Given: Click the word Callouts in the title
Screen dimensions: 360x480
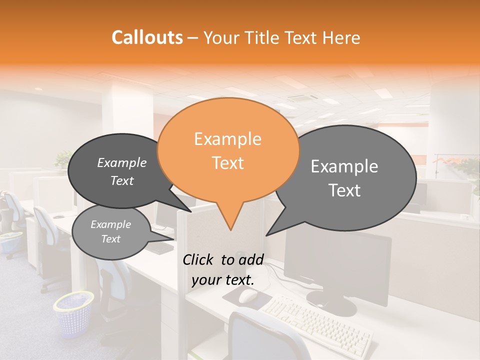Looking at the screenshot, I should pos(147,37).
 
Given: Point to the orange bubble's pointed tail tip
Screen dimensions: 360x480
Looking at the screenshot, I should pos(230,229).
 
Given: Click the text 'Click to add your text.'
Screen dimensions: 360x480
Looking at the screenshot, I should pos(222,270).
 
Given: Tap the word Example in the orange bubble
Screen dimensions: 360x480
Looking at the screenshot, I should pos(227,139).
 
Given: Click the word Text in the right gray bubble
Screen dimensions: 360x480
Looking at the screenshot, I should pos(344,190).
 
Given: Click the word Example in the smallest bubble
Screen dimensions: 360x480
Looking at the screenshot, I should pos(110,224).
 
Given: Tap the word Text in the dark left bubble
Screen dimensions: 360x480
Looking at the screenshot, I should pos(122,181).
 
